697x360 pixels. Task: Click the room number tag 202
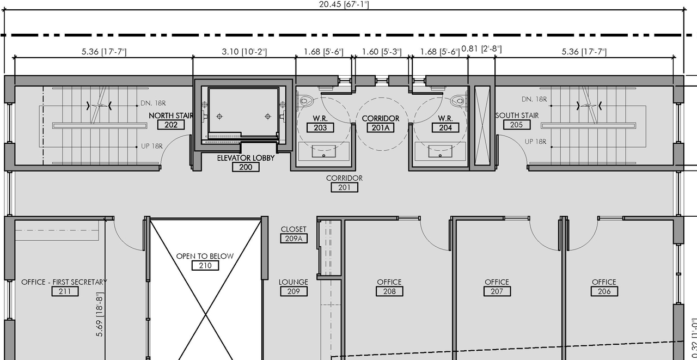(x=171, y=125)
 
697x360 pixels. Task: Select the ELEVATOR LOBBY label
(x=245, y=158)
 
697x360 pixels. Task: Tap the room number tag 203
(x=320, y=128)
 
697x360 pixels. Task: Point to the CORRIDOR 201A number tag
(x=381, y=128)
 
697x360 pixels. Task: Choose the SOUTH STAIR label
(x=517, y=115)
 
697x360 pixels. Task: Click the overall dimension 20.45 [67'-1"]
(x=344, y=5)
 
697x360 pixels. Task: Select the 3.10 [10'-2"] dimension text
(x=244, y=52)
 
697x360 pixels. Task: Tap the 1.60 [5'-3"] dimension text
(x=382, y=52)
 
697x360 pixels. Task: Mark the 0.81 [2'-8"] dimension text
(x=481, y=49)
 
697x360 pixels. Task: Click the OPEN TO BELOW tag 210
(x=205, y=266)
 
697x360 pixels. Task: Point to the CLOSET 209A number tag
(x=294, y=238)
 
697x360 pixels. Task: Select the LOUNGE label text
(x=294, y=282)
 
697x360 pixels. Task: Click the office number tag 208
(x=389, y=291)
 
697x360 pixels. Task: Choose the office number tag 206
(x=604, y=291)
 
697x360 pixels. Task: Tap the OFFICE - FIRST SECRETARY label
(x=64, y=282)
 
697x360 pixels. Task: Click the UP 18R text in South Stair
(x=535, y=142)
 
